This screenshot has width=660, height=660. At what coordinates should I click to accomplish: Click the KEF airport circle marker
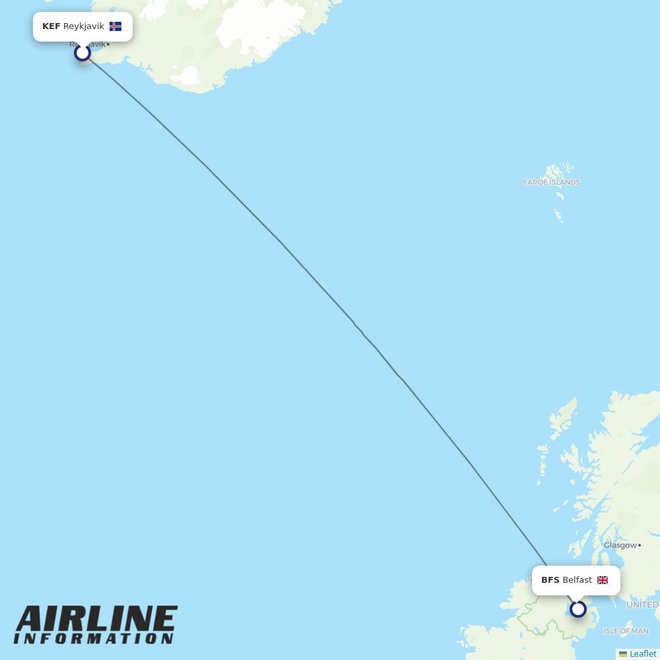(82, 52)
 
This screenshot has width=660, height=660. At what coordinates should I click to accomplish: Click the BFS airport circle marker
(578, 609)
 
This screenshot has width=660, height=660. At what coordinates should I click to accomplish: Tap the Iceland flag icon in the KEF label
(115, 26)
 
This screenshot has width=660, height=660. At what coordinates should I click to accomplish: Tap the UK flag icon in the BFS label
(603, 580)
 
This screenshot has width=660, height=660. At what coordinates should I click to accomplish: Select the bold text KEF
(51, 26)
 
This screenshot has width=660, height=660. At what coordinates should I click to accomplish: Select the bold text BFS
(550, 580)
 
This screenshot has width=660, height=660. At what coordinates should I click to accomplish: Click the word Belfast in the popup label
(577, 580)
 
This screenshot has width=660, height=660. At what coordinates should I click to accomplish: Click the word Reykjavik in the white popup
(83, 26)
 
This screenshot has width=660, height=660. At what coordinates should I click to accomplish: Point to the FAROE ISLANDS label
(551, 182)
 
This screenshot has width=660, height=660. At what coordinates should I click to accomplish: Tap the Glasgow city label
(619, 545)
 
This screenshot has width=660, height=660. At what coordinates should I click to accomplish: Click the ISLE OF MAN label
(626, 631)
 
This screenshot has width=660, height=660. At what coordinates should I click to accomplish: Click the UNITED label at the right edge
(642, 605)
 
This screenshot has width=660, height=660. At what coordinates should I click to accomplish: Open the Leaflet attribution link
(642, 653)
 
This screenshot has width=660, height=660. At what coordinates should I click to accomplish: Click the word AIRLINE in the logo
(96, 620)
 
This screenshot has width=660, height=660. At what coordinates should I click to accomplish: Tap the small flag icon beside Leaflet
(622, 654)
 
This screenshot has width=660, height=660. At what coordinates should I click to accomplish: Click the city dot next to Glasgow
(640, 545)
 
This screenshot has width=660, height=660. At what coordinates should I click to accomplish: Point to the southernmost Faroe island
(558, 216)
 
